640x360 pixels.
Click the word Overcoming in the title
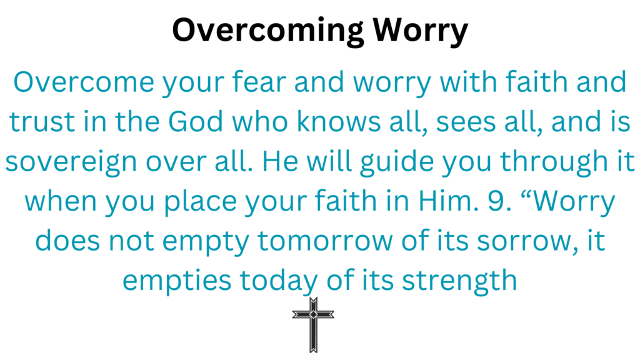point(267,31)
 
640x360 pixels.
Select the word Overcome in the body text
point(84,82)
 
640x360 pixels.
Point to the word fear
point(259,82)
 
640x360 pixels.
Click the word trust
point(42,122)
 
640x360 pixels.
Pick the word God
point(196,122)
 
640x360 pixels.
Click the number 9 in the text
point(499,201)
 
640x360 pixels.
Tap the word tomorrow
point(325,241)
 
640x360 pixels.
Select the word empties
point(177,281)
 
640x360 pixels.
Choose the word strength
point(459,281)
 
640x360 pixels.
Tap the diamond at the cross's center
point(313,314)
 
